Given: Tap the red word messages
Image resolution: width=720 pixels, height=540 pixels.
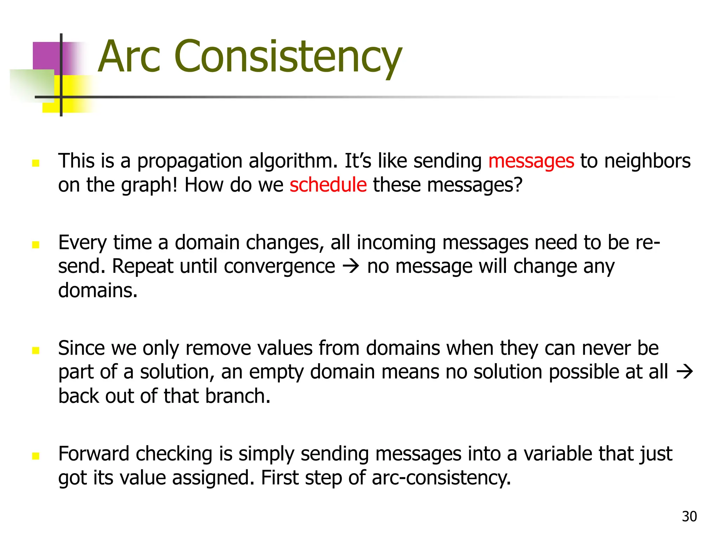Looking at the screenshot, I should tap(531, 161).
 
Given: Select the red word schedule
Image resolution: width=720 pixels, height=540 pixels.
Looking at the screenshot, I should tap(328, 185).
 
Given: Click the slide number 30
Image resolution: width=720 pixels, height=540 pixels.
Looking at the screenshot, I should tap(689, 516).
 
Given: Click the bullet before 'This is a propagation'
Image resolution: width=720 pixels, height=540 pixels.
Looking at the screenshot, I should tap(36, 163).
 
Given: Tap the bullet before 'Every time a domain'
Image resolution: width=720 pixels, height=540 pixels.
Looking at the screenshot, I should tap(36, 244).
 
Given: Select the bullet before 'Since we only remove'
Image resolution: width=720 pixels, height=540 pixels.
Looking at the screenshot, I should tap(36, 350).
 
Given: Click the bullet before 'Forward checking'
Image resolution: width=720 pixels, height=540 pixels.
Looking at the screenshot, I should tap(36, 456).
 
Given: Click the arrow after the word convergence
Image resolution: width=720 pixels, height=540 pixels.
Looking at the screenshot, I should tap(351, 266).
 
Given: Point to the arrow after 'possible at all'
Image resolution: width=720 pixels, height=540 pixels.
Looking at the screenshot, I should tap(684, 372).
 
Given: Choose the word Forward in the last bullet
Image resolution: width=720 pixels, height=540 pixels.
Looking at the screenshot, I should tap(94, 454).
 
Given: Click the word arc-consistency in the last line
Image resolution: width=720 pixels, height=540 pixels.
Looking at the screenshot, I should tap(441, 478).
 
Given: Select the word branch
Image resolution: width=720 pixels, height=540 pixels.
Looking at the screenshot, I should tap(238, 396).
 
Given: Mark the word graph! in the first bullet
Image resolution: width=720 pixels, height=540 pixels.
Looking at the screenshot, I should tap(149, 186).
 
